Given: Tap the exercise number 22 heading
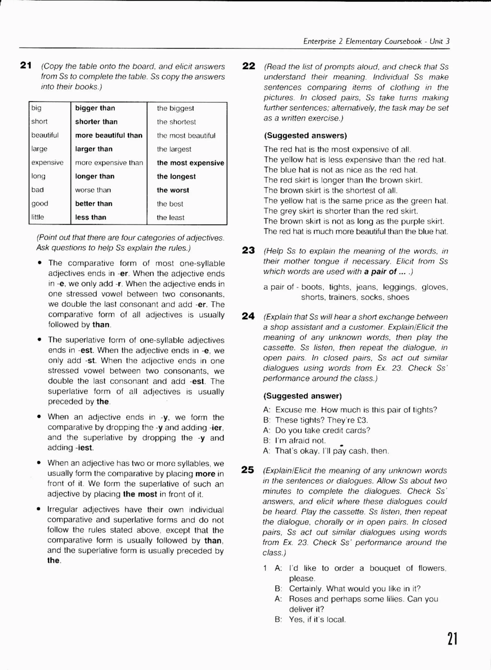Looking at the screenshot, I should (x=248, y=66).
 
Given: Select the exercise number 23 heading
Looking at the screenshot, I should (x=248, y=250).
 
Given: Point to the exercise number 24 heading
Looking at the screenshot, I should (x=248, y=316).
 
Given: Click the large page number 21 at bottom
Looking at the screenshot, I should (x=452, y=639).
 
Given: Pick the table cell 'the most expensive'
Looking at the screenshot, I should (x=190, y=163).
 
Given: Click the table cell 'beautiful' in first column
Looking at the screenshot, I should (x=45, y=135).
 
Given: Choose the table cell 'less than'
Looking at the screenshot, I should (x=90, y=217).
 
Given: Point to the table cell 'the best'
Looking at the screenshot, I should (x=170, y=204).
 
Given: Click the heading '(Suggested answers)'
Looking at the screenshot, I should (x=305, y=136).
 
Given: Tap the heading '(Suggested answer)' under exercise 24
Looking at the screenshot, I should (x=302, y=396).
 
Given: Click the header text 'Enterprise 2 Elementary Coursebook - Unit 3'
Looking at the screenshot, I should (x=376, y=41).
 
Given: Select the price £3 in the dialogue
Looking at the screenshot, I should (x=362, y=420).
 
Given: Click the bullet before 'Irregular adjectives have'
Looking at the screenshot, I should (x=39, y=509).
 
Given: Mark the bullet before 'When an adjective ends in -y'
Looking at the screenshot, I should (x=39, y=416).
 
